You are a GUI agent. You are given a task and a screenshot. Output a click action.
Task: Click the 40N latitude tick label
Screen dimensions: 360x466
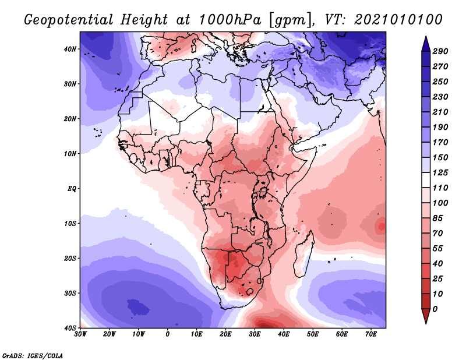69,49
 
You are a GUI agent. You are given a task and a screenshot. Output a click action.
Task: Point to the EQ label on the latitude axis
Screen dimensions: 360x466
71,189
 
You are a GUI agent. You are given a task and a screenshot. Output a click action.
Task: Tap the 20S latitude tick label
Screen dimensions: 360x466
69,258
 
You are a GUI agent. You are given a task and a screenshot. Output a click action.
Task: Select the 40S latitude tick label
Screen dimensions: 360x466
69,328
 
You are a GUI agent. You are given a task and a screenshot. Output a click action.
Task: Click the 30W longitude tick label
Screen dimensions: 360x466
80,334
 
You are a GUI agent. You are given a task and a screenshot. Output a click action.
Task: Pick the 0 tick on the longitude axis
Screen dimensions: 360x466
168,334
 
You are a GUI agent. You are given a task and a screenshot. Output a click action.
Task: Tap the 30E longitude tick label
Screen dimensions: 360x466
255,334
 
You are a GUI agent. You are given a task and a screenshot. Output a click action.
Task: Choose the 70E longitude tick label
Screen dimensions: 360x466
371,334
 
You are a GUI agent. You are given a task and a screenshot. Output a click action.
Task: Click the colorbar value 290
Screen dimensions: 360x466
440,51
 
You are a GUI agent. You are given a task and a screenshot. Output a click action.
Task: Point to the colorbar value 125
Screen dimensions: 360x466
440,173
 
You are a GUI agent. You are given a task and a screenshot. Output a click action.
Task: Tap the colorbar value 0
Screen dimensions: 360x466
436,308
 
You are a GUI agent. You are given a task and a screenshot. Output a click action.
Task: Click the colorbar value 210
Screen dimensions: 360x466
440,112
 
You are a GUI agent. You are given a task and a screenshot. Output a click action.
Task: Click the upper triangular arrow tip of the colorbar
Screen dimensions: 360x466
425,38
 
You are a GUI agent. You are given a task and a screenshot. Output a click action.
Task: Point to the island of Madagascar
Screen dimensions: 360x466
303,256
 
